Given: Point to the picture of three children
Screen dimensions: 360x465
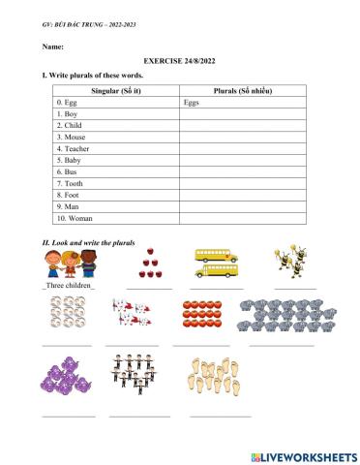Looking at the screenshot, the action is tap(71, 263).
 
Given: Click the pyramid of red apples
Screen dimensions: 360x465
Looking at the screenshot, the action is tap(148, 263).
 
